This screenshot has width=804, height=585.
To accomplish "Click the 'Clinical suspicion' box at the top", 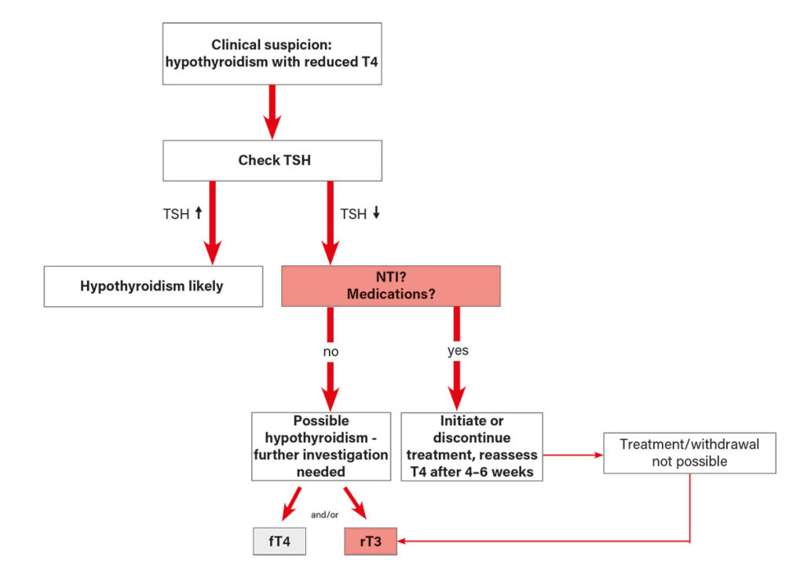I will (x=272, y=53).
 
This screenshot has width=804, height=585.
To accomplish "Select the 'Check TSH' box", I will (x=272, y=160).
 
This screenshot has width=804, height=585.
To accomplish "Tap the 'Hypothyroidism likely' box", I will (x=152, y=286).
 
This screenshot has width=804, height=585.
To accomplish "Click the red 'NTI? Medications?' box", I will (x=390, y=286).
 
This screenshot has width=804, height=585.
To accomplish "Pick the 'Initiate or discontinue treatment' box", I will (x=471, y=446).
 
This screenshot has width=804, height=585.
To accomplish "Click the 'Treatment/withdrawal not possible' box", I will (x=689, y=452).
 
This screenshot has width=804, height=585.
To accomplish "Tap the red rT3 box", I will (x=371, y=541).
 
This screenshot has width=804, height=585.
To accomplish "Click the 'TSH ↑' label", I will (x=180, y=214).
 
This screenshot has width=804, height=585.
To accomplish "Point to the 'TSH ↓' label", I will (x=360, y=214).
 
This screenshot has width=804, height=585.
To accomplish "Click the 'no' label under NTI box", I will (x=331, y=352).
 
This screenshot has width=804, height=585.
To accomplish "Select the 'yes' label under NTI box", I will (x=458, y=350).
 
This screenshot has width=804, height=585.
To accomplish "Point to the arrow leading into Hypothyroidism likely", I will (x=212, y=224).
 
